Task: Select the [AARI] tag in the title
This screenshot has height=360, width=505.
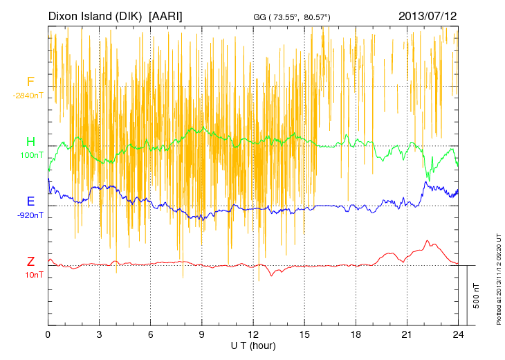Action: [x=166, y=16]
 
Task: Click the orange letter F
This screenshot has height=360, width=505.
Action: [x=30, y=82]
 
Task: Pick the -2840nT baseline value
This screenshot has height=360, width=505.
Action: [x=28, y=95]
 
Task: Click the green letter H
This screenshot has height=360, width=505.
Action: [x=30, y=143]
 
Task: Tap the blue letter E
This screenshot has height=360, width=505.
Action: [x=30, y=201]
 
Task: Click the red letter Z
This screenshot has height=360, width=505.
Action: [x=30, y=262]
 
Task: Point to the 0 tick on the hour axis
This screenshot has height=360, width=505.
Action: [x=48, y=334]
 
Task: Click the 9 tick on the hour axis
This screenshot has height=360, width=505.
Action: [x=202, y=334]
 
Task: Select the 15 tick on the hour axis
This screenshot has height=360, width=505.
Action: [x=304, y=334]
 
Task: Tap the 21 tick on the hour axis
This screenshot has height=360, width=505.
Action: [x=407, y=334]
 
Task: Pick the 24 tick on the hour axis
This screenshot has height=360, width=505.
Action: [x=458, y=334]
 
